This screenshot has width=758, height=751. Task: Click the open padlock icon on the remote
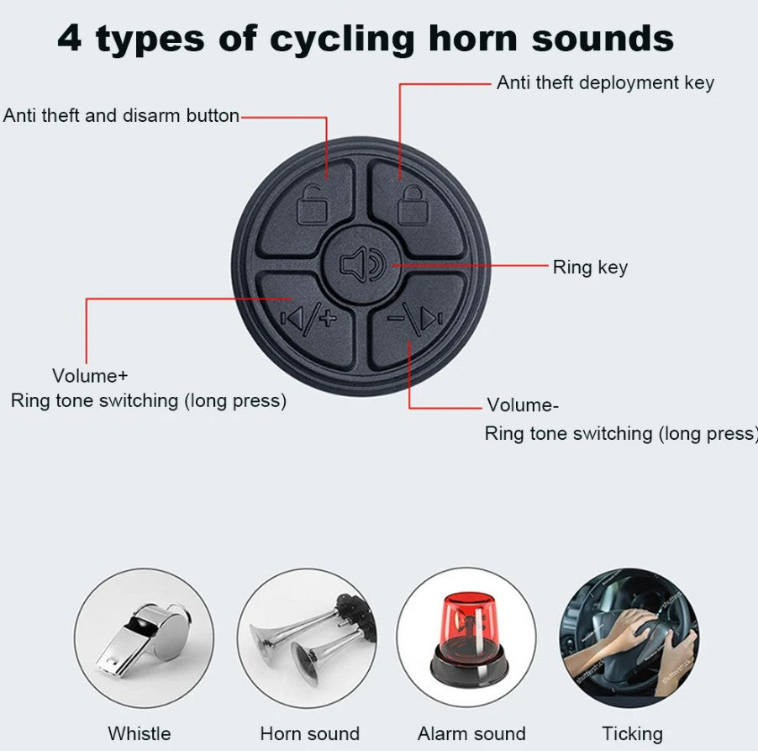coord(311,205)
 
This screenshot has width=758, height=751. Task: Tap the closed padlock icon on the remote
coord(413,204)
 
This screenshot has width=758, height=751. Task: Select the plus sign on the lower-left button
coord(329,318)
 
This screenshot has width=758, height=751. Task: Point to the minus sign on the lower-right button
coord(396,318)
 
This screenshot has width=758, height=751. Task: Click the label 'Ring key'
coord(590,267)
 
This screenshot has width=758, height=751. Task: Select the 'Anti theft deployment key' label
coord(605,82)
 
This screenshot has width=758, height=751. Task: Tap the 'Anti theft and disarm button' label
coord(121,116)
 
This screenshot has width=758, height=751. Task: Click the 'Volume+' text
coord(90,376)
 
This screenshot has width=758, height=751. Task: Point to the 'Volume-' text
coord(523,405)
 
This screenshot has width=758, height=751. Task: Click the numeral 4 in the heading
coord(69,39)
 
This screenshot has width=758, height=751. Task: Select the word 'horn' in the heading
coord(473,38)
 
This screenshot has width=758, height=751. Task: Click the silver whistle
coord(143,638)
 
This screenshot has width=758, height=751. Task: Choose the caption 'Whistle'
coord(139,733)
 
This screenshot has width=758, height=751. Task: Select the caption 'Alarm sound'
coord(471,733)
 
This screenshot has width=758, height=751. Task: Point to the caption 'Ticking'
coord(632,734)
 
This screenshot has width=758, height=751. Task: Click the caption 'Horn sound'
coord(310,733)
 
